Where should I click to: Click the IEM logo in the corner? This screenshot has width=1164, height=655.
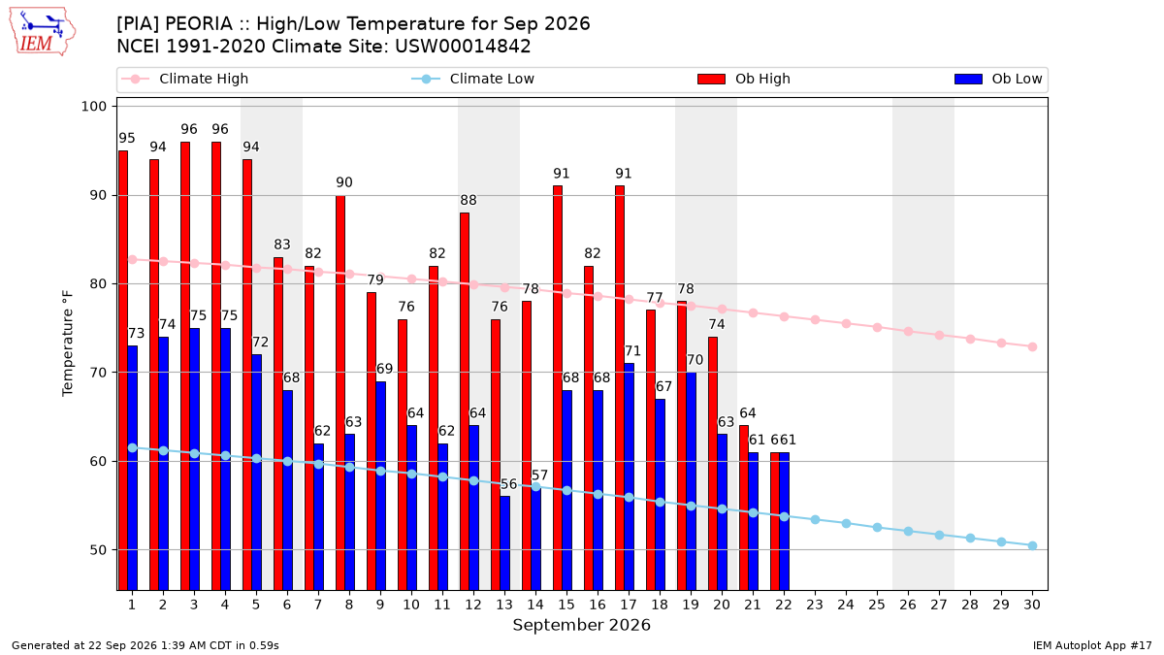[x=43, y=31]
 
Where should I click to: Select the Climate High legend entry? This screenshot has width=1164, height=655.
[x=184, y=79]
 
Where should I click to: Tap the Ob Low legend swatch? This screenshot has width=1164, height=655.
[x=968, y=79]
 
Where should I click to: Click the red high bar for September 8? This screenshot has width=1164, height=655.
[x=340, y=393]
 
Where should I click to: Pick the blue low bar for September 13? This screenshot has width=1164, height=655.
[x=504, y=543]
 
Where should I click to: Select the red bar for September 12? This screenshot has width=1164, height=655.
[x=465, y=402]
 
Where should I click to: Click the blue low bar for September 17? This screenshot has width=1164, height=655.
[x=629, y=476]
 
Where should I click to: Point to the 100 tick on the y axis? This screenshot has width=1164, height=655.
[x=93, y=107]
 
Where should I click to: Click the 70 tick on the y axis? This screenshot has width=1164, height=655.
[x=98, y=373]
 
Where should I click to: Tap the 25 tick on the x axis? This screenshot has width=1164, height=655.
[x=877, y=605]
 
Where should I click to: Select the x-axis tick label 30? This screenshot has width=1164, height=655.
[x=1032, y=605]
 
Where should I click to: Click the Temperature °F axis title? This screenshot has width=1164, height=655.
[x=68, y=344]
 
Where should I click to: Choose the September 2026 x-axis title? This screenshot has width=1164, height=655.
[x=581, y=625]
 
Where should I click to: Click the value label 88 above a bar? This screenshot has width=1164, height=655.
[x=469, y=200]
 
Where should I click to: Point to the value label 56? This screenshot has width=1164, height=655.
[x=508, y=484]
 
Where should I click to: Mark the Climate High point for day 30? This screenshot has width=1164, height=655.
[x=1032, y=346]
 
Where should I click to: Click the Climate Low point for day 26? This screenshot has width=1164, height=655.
[x=908, y=532]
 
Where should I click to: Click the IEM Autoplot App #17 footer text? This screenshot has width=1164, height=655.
[x=1092, y=645]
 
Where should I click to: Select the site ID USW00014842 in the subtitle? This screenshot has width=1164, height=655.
[x=463, y=47]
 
